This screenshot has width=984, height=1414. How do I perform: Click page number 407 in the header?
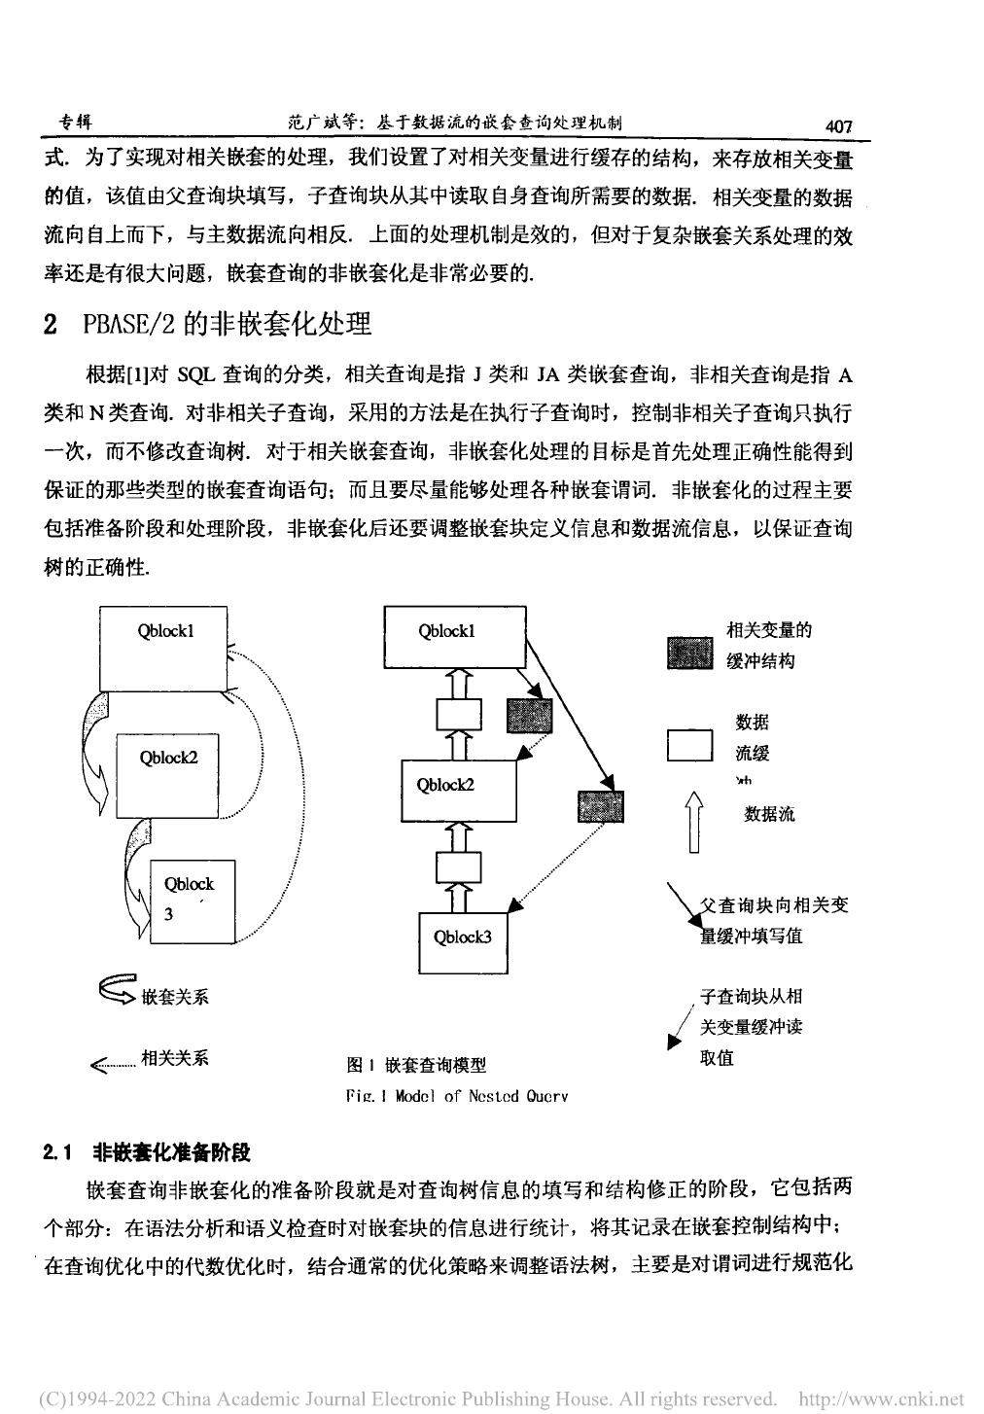pos(837,125)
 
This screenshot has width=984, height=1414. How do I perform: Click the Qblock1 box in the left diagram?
pos(164,648)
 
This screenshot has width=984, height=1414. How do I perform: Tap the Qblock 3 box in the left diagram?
pos(193,901)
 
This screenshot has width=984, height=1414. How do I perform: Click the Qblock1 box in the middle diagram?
pos(455,637)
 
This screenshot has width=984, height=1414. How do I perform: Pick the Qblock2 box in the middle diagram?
pos(458,790)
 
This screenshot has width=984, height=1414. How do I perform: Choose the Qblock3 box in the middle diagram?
pos(462,941)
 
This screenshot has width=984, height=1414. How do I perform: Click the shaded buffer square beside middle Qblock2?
pos(529,716)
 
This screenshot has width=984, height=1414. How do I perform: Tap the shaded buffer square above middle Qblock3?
pos(600,806)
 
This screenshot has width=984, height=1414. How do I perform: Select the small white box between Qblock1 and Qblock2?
pos(459,715)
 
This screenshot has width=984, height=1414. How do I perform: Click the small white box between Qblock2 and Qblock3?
pos(459,866)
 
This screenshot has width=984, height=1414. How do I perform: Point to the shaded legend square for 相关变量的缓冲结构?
pos(690,653)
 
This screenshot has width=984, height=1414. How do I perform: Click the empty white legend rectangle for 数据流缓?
pos(690,745)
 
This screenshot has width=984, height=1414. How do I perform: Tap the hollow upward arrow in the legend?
pos(693,821)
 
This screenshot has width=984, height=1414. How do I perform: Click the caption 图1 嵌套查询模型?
pos(415,1064)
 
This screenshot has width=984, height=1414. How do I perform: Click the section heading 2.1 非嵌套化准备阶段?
pos(147,1153)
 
